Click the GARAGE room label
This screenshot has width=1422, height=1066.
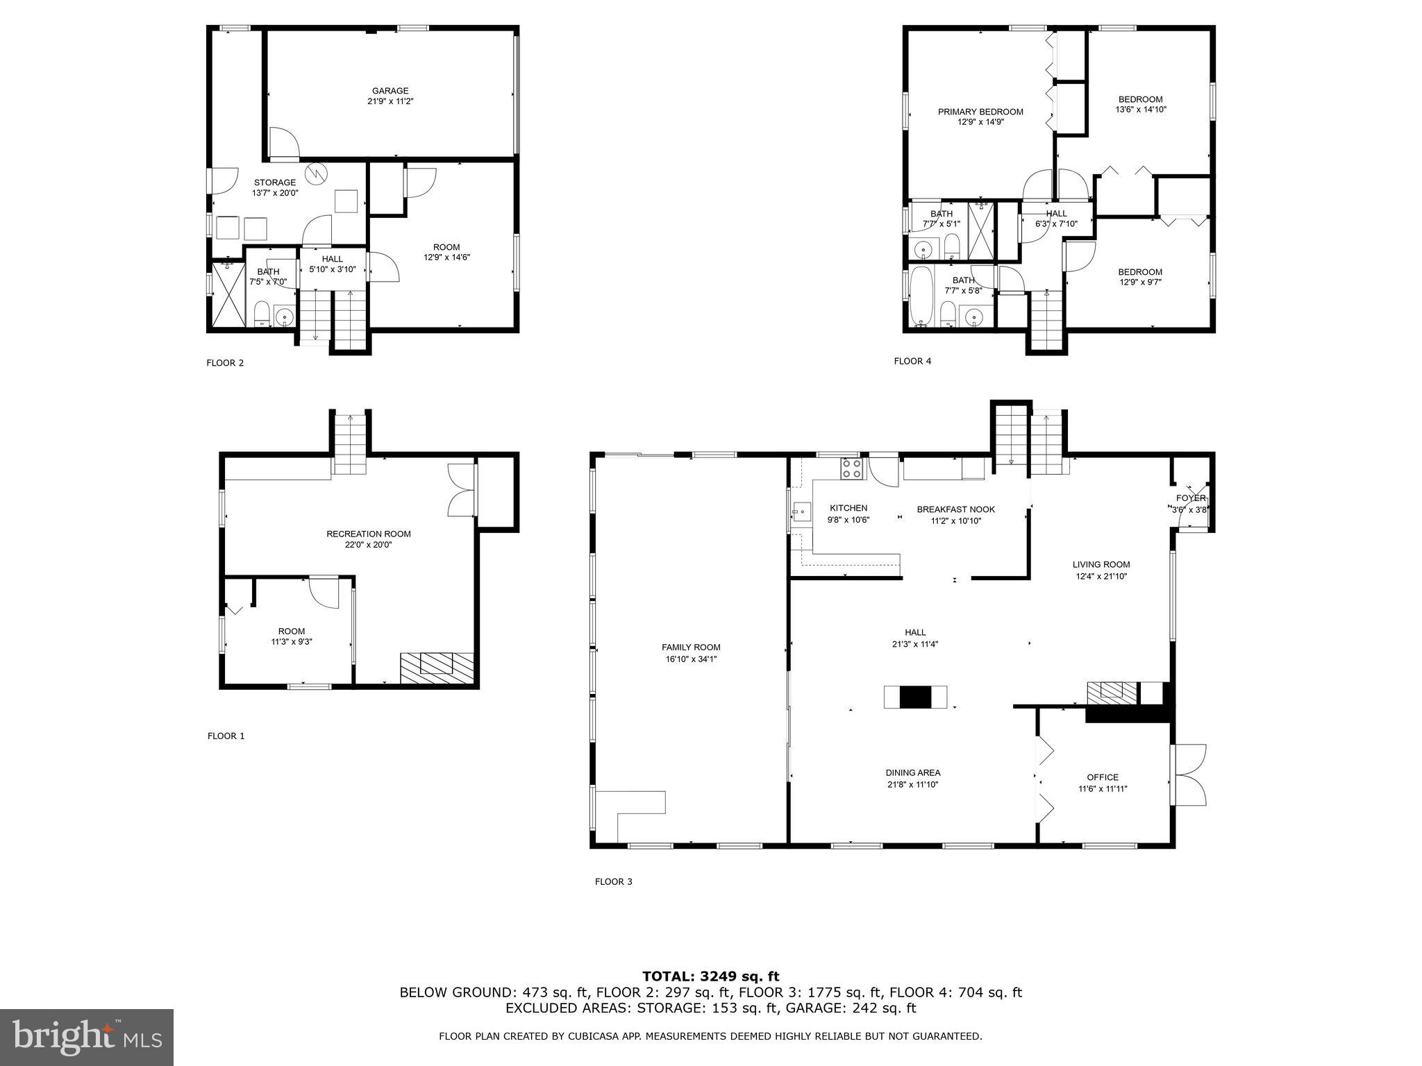coord(390,91)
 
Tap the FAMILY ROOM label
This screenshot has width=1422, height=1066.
coord(690,648)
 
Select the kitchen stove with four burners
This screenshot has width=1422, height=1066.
coord(852,469)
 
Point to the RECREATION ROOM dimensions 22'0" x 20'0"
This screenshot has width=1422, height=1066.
coord(369,545)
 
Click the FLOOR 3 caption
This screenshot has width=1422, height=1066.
coord(613,881)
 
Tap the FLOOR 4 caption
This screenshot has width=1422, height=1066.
coord(912,361)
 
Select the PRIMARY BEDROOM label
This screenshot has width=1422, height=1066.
coord(980,112)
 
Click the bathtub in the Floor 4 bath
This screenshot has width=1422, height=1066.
coord(921,296)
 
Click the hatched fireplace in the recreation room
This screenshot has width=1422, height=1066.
coord(437,668)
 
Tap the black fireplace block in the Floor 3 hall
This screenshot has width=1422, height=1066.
coord(915,697)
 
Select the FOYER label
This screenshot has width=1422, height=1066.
coord(1190,498)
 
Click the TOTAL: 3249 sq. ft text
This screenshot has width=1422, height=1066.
coord(710,977)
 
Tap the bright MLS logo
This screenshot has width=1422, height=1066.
coord(87,1038)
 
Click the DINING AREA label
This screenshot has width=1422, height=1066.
coord(912,773)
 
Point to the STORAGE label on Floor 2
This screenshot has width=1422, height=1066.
coord(274,183)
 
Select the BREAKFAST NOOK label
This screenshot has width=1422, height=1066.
coord(955,509)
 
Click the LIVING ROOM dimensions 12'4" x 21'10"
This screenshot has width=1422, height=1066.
coord(1101,576)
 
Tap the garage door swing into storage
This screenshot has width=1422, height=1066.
coord(284,143)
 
